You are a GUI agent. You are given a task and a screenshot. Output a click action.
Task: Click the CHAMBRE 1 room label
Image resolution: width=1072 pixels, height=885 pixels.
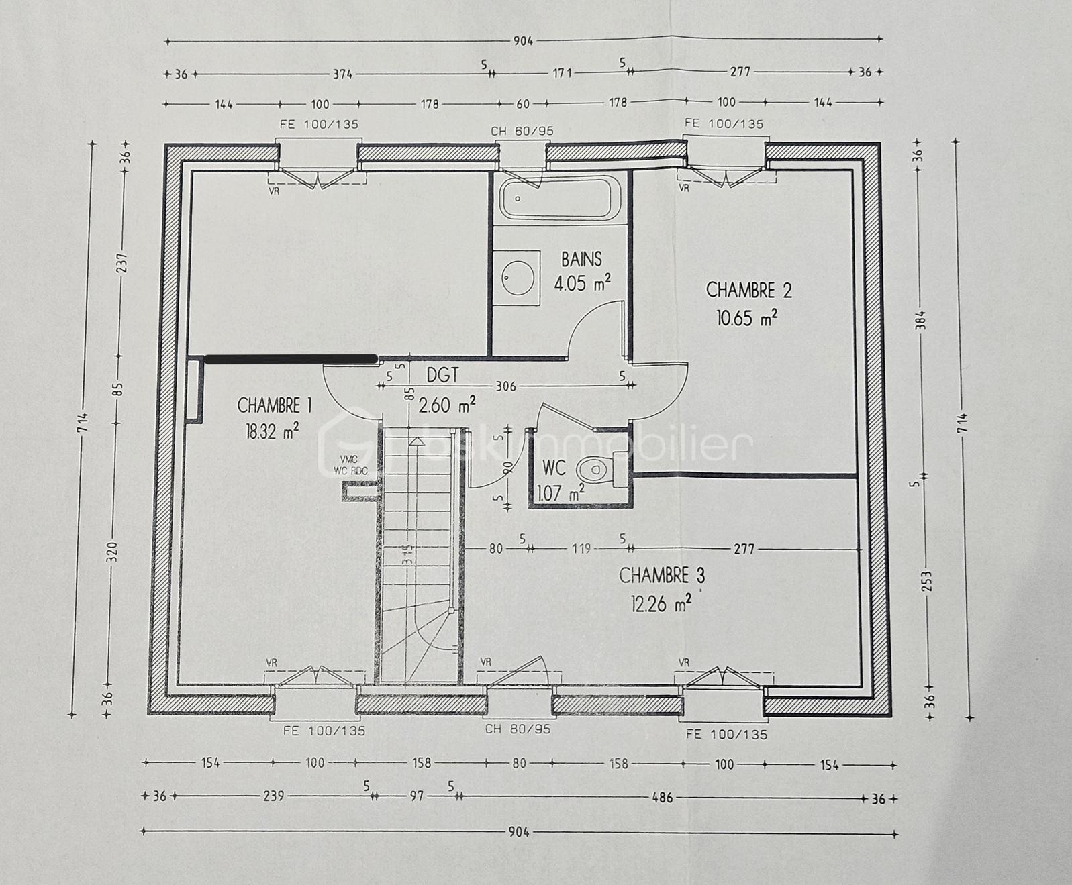pos(274,405)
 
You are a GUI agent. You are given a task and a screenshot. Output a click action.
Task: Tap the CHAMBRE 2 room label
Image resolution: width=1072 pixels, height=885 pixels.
pos(748,290)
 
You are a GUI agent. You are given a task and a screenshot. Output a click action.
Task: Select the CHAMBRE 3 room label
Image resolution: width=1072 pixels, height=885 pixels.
pos(661,576)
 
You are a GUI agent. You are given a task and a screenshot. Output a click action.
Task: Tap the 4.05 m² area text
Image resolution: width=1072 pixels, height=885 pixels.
pos(581,283)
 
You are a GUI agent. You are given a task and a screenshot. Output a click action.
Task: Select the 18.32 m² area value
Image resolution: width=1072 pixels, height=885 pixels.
pos(272,431)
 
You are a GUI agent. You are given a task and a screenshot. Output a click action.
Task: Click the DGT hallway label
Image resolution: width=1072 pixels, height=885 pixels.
pos(442,375)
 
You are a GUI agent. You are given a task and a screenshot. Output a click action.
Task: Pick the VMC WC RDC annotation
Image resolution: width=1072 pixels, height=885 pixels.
pos(350,465)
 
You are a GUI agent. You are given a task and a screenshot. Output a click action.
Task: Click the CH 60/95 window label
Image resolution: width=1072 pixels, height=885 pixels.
pos(522,131)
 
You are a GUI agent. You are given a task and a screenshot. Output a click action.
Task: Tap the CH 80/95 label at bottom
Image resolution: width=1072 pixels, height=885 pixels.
pos(517,729)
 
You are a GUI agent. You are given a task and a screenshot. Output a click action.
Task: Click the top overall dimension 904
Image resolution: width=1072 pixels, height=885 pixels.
pos(523,41)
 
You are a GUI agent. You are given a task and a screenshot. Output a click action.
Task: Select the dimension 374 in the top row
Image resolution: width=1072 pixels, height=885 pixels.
pos(343,74)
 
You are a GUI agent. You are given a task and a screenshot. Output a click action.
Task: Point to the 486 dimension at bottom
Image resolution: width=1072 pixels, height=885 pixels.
pos(663,797)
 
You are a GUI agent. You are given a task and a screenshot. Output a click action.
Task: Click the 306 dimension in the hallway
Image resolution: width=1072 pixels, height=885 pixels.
pos(505,386)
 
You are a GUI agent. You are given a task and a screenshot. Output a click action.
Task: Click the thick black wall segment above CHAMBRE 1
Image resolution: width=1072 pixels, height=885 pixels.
pos(290,359)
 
